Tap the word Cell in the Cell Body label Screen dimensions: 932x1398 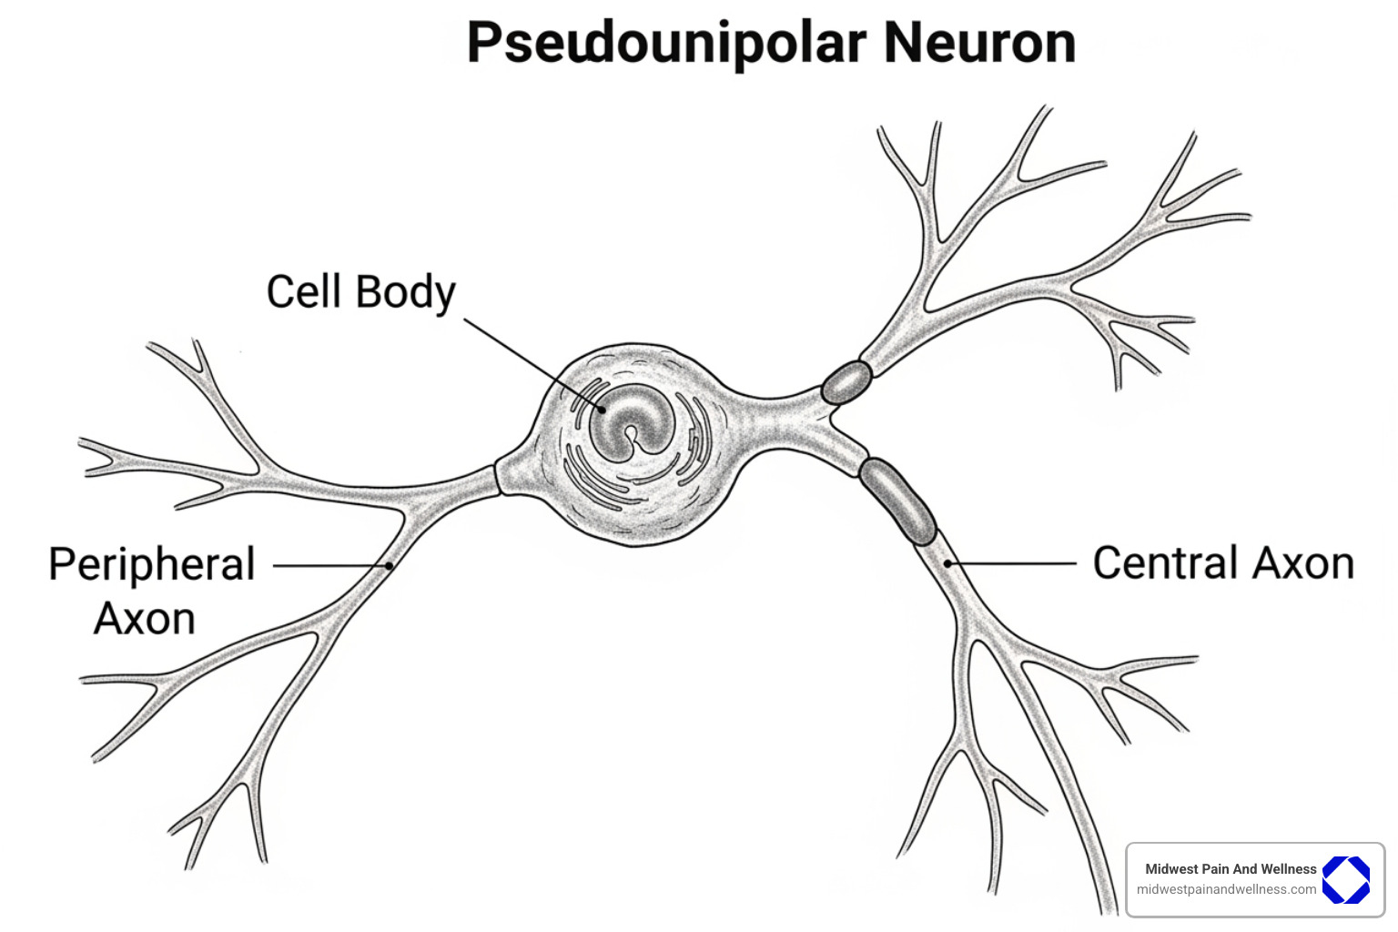point(304,292)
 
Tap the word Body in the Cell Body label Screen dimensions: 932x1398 point(406,294)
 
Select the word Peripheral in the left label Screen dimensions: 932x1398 point(151,564)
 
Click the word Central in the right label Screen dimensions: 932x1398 point(1166,562)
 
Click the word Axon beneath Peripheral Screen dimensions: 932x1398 point(145,619)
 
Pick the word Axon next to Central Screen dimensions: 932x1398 point(1303,562)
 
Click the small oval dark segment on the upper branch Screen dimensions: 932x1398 point(846,382)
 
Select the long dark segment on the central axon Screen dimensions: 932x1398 point(897,501)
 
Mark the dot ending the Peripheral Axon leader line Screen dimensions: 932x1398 point(390,565)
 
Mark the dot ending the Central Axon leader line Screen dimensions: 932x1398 point(947,563)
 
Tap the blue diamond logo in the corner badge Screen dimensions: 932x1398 point(1345,879)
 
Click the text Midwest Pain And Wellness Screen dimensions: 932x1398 point(1230,869)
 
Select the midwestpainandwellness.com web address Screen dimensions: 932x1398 point(1226,889)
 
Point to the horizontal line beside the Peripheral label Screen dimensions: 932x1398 point(328,565)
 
